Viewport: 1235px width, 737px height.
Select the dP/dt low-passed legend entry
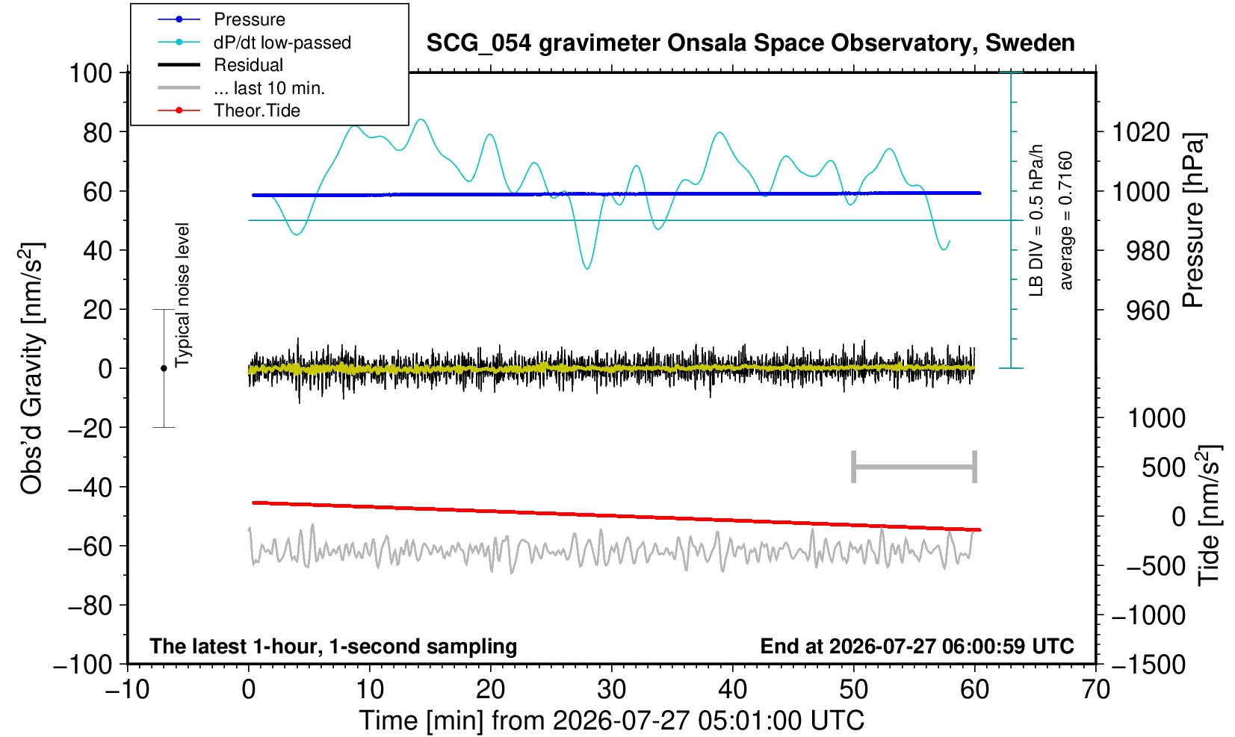[254, 43]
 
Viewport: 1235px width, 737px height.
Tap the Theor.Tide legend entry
[229, 111]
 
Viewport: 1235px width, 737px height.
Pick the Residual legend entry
[220, 65]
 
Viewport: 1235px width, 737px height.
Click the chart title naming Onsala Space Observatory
[750, 43]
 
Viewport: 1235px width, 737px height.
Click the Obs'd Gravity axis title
[31, 368]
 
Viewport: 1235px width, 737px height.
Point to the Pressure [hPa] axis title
[1194, 220]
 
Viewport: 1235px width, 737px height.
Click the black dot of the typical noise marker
[164, 368]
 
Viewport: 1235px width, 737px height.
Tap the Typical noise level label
[182, 296]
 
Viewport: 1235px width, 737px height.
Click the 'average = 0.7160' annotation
[1066, 220]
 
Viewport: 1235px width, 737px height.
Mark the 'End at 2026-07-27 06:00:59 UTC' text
[917, 646]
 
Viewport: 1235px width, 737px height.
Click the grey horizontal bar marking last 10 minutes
[914, 467]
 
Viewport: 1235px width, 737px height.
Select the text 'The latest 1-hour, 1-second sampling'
[333, 647]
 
